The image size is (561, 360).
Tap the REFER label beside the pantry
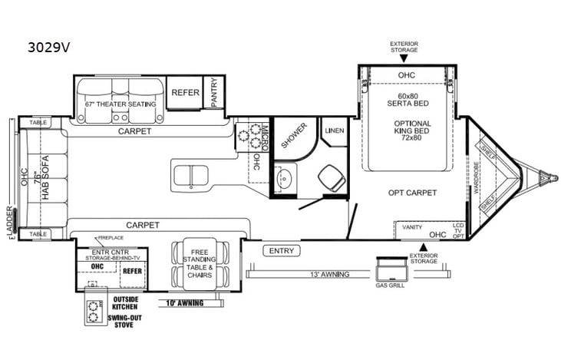click(185, 92)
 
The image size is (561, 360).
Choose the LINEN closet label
click(333, 130)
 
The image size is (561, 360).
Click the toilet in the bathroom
click(332, 178)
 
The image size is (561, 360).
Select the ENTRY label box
click(281, 250)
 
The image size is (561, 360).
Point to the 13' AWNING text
click(330, 274)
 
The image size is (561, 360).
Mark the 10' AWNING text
click(184, 302)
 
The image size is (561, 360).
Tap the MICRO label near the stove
click(263, 134)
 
